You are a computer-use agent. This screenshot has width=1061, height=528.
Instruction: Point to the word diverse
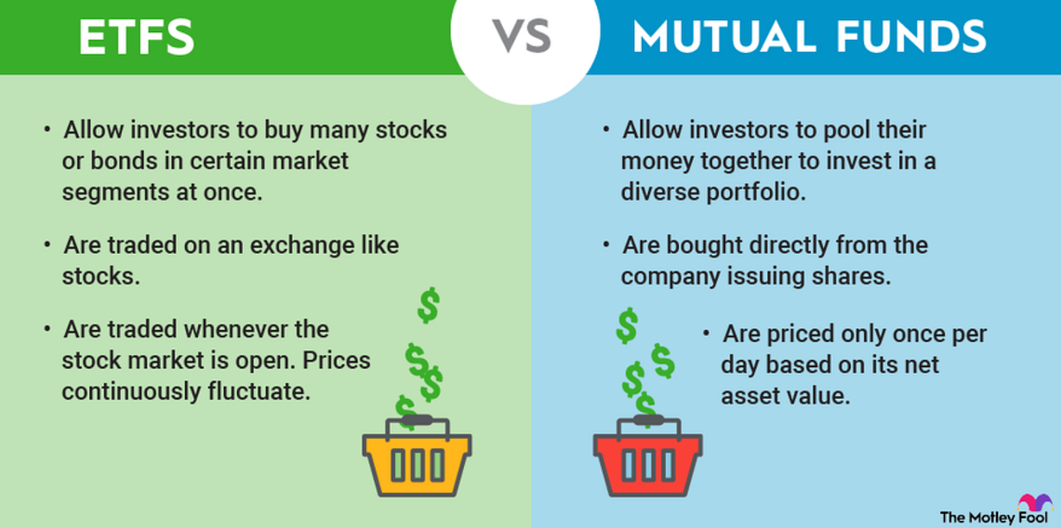[658, 191]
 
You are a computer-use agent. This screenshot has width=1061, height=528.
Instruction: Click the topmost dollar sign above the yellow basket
[429, 305]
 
